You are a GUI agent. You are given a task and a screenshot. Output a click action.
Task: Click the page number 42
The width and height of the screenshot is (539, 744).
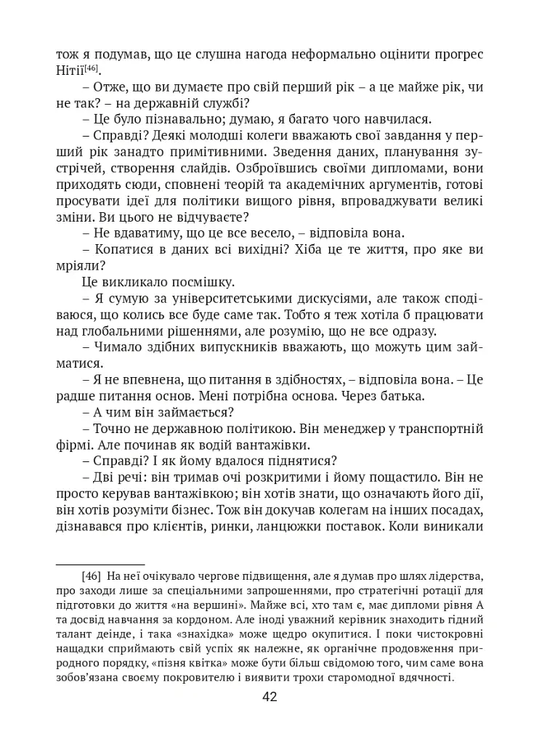coord(269,697)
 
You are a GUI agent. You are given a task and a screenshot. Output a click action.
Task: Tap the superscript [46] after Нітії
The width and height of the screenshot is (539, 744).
coord(92,68)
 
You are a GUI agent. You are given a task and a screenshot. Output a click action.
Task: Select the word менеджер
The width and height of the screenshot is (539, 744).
coord(346,429)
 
